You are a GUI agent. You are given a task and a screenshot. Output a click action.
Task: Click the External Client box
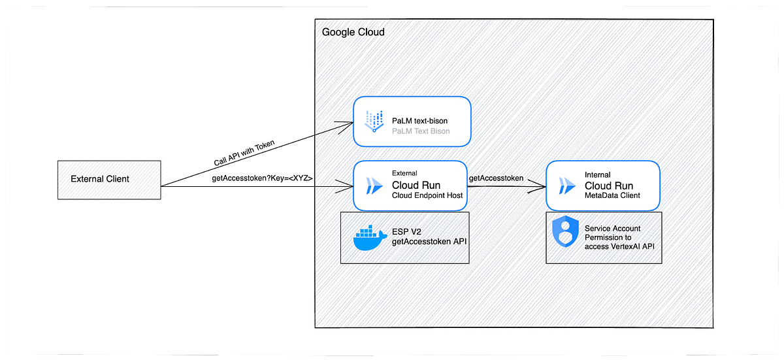[109, 179]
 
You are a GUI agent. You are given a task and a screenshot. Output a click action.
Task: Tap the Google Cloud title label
[353, 32]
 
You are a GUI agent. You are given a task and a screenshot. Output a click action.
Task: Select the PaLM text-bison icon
[374, 122]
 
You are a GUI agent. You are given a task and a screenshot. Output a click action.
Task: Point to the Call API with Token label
[244, 153]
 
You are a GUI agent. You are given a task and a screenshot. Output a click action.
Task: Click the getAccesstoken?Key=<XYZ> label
[262, 178]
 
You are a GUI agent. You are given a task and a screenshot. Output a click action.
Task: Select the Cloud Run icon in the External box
[374, 186]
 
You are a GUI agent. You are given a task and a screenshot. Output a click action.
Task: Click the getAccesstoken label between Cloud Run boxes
[496, 178]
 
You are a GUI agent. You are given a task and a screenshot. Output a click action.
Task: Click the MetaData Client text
[613, 195]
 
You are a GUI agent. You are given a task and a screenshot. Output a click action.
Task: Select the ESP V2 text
[407, 232]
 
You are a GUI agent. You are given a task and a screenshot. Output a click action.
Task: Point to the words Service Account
[612, 228]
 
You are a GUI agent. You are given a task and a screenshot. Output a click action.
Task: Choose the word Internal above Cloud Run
[598, 174]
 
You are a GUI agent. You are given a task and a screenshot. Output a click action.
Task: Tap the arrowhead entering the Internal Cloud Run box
[542, 187]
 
